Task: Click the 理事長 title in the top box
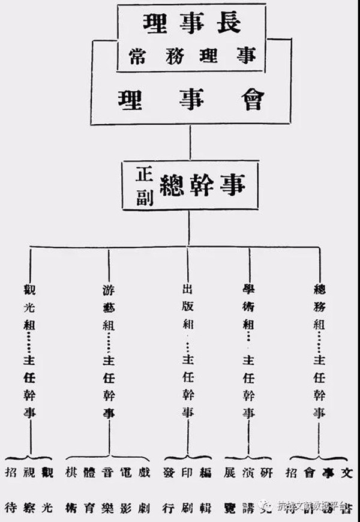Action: pos(191,23)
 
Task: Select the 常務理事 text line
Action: pos(191,55)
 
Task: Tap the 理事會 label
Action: pos(191,98)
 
